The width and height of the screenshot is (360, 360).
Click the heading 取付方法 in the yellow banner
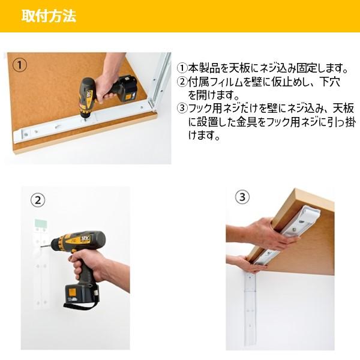coord(49,16)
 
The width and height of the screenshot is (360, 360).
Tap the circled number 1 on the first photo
coord(20,65)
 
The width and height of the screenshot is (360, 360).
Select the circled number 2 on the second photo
coord(38,200)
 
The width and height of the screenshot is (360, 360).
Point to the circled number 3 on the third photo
coord(242,197)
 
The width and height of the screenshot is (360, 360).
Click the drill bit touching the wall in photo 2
coord(46,247)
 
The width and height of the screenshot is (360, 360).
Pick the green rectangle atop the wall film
coord(41,223)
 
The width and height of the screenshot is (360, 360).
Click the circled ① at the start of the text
coord(182,68)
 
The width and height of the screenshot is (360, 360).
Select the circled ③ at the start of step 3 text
coord(182,109)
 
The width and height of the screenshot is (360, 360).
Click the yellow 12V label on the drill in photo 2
coord(85,238)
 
